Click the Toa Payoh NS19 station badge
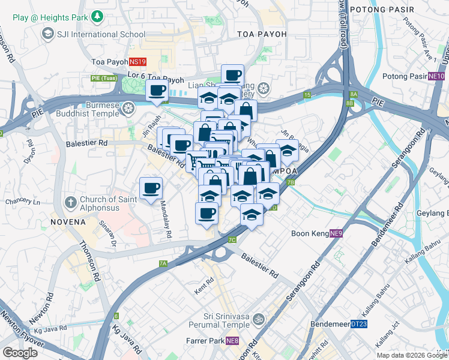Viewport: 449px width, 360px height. point(137,61)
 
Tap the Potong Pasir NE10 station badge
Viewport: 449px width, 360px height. point(436,76)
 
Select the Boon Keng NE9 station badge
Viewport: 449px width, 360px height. point(336,233)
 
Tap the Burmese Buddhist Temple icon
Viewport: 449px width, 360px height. point(127,108)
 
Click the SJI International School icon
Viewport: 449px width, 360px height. point(47,34)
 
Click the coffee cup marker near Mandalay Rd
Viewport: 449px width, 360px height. point(151,188)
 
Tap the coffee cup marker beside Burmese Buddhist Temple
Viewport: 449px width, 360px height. point(157,91)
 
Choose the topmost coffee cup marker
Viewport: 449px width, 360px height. point(232,75)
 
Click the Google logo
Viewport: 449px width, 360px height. point(20,353)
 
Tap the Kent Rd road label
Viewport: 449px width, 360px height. point(204,281)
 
